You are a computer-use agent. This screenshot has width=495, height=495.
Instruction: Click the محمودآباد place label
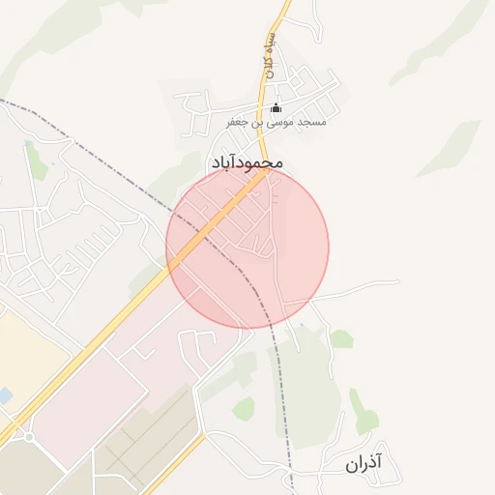247,163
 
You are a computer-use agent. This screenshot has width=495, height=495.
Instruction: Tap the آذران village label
364,463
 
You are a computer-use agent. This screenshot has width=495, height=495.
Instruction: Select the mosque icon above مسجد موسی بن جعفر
276,107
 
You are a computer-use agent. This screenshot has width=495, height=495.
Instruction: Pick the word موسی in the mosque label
286,123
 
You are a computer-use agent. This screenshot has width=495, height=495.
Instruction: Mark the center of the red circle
247,247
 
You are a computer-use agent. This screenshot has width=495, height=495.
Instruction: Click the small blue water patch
5,395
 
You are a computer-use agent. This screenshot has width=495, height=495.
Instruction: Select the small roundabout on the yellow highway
29,437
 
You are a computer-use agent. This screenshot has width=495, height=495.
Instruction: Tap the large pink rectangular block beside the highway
87,406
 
